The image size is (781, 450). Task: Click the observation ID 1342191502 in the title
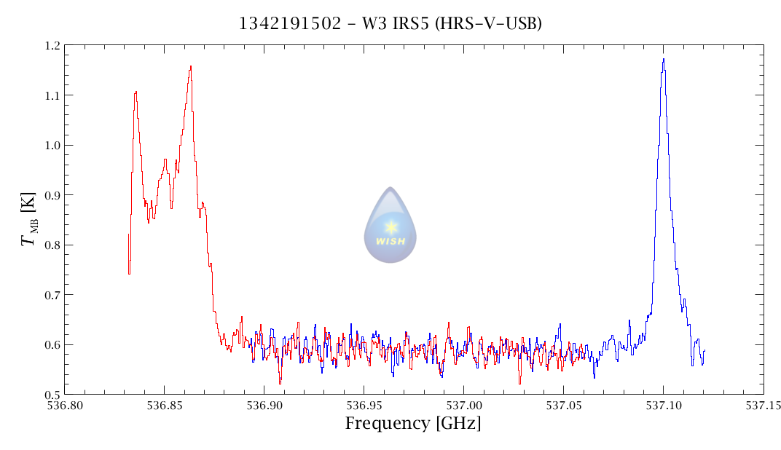point(290,23)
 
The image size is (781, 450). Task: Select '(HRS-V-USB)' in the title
point(488,23)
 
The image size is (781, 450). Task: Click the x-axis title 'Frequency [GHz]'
point(413,424)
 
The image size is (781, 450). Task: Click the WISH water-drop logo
point(390,225)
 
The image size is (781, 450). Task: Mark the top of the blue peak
point(664,60)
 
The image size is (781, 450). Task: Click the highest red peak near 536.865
point(191,67)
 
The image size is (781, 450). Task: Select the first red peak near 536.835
point(136,92)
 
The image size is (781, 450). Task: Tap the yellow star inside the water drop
point(391,226)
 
